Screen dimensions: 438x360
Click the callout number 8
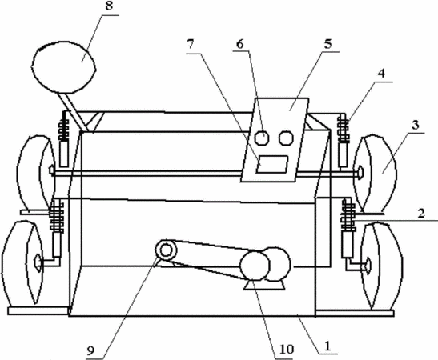click(109, 6)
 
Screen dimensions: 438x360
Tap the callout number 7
click(191, 45)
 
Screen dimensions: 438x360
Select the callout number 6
click(240, 44)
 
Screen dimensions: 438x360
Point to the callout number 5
click(328, 44)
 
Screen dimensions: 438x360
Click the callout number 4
click(381, 73)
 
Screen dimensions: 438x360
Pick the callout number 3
click(416, 125)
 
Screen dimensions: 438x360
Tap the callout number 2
click(421, 214)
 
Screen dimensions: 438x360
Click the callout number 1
click(327, 346)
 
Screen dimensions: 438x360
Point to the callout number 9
click(90, 350)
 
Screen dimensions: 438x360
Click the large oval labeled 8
click(64, 67)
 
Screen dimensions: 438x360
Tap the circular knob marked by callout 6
click(263, 138)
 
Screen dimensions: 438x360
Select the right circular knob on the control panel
click(286, 138)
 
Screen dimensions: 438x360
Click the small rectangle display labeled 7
click(272, 164)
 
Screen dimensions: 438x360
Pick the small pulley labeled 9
click(167, 250)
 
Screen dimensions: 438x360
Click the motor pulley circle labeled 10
click(255, 265)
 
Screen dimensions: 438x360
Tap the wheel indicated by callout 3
click(376, 174)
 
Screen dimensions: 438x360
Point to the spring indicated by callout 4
click(344, 130)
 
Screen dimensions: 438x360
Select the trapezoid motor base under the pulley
click(265, 285)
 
